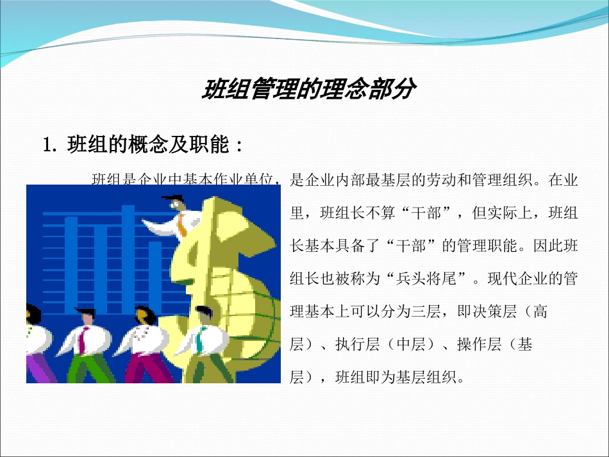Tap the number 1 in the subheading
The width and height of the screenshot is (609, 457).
click(x=47, y=145)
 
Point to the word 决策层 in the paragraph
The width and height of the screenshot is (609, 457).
click(x=494, y=313)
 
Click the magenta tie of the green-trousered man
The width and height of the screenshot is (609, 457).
click(x=81, y=339)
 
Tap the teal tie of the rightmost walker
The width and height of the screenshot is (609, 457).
click(x=201, y=338)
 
